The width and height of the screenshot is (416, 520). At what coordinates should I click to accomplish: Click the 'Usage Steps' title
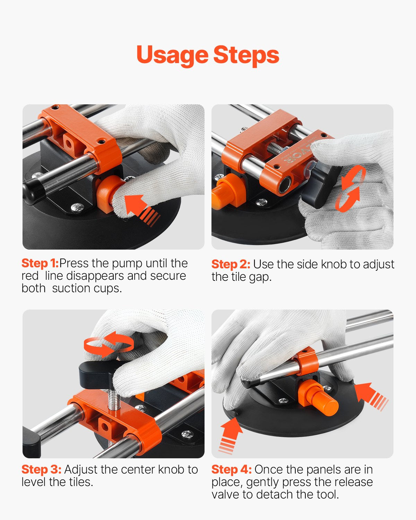[208, 55]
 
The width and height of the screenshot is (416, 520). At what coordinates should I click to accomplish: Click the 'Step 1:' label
[40, 263]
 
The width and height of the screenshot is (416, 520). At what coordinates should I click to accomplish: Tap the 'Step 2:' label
[231, 264]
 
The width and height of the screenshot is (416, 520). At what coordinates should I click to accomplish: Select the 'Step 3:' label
[41, 469]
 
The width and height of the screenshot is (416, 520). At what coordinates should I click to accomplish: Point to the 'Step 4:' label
[231, 469]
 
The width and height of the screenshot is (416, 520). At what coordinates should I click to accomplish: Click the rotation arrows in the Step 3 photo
[109, 344]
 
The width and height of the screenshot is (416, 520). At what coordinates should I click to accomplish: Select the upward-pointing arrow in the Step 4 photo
[231, 435]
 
